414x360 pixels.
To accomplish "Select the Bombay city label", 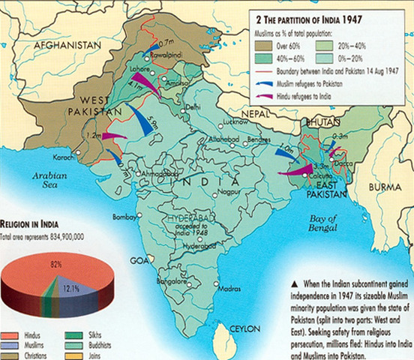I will tap(123, 217).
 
